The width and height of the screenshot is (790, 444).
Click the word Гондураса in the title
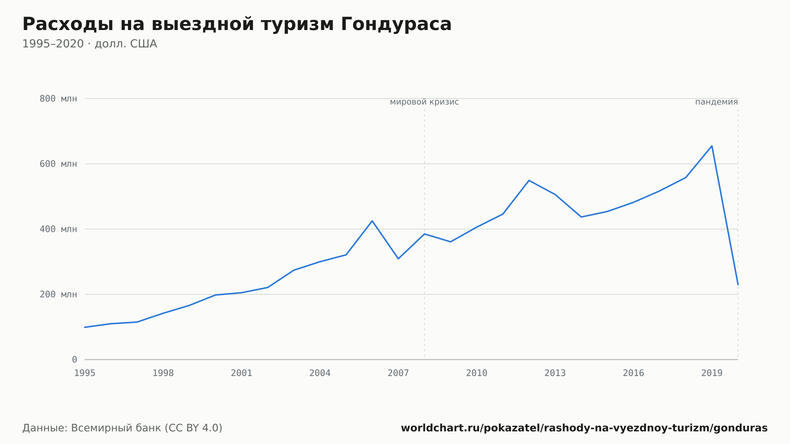(396, 24)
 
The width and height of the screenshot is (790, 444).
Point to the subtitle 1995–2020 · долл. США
(90, 44)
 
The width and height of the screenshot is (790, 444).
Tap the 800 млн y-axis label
(58, 99)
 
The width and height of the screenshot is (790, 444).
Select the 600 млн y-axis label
(58, 164)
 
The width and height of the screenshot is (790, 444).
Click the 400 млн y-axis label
(58, 229)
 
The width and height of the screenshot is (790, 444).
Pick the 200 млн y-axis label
(58, 294)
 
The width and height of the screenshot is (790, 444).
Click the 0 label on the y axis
(74, 359)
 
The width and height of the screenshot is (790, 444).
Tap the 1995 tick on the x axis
(85, 373)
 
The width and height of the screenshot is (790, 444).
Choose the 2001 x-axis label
(242, 373)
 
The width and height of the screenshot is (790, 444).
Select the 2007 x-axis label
(398, 373)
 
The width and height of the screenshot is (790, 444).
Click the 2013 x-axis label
(555, 373)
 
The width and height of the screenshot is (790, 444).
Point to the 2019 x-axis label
(712, 373)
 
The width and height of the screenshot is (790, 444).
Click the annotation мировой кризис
(424, 102)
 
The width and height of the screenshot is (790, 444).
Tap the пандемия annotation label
(717, 102)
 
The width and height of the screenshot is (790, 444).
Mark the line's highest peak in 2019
(712, 146)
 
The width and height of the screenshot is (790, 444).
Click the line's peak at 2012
(529, 181)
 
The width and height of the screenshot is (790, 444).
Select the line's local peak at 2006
(372, 221)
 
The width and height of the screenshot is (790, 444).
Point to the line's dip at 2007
(398, 259)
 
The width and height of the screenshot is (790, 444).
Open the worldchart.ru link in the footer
(584, 428)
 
